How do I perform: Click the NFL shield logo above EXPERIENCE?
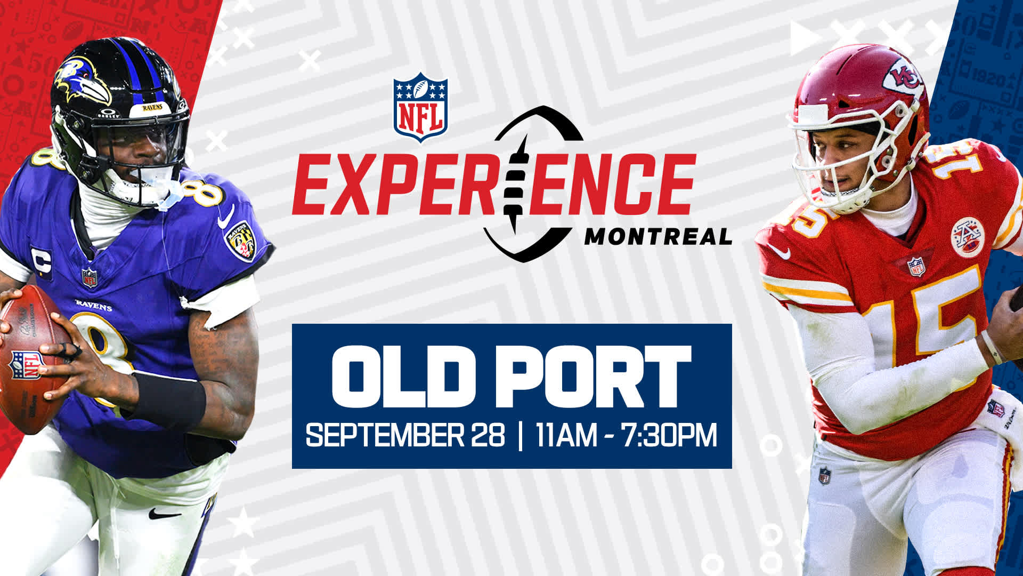click(420, 107)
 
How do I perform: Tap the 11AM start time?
click(567, 435)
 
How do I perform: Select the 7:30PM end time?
click(669, 435)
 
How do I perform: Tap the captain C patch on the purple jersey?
click(42, 262)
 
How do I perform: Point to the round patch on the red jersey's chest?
click(968, 237)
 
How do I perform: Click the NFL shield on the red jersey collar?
click(916, 267)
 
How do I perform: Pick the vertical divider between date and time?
click(520, 435)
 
